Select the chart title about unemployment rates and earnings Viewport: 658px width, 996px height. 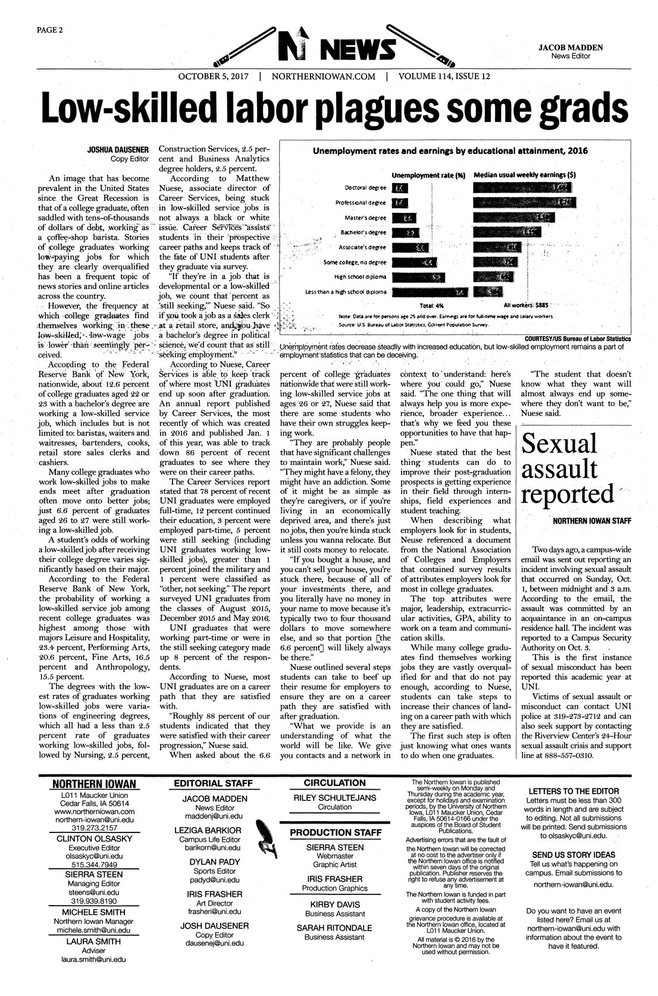450,151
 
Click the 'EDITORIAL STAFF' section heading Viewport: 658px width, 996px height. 214,783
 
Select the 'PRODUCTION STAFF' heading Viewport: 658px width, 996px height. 335,832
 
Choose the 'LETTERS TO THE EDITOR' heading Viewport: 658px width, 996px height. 573,791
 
